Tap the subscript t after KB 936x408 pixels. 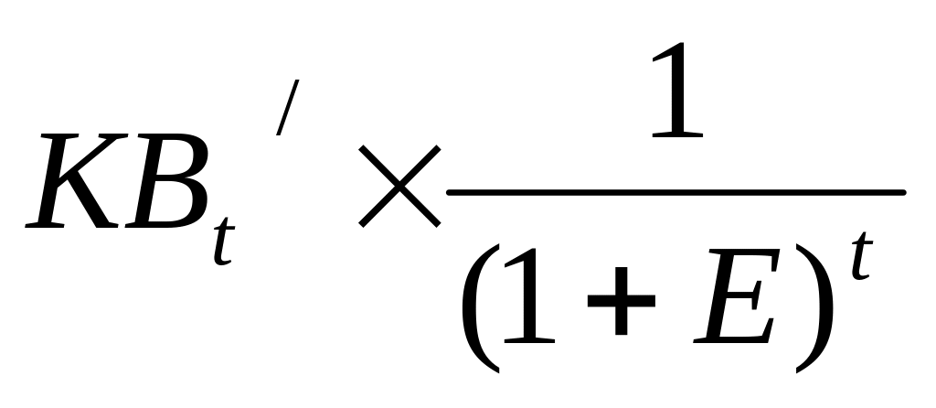coord(224,241)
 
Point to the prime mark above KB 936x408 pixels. coord(287,108)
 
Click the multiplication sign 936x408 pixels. coord(399,187)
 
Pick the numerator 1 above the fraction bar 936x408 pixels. coord(677,90)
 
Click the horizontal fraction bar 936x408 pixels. coord(676,192)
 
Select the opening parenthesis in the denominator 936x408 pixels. coord(481,308)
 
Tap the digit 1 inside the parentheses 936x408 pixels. coord(529,295)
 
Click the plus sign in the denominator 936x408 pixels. coord(622,300)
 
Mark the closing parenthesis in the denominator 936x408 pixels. coord(814,308)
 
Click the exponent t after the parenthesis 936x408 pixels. coord(861,255)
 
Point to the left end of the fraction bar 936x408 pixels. coord(448,192)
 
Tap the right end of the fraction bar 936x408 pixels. coord(905,192)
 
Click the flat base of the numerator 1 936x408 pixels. coord(677,134)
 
